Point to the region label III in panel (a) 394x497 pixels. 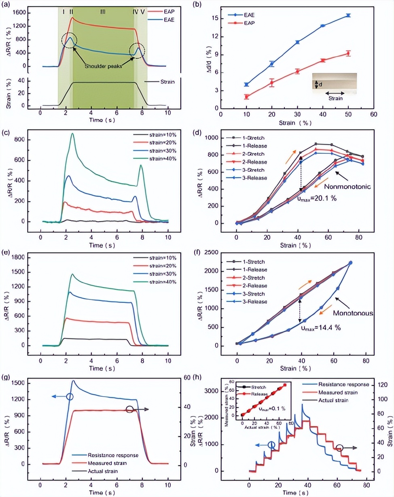(x=103, y=12)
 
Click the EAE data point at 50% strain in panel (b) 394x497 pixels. (x=348, y=15)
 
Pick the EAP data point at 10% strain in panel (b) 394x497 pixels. (x=246, y=97)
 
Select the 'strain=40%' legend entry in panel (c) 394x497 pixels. (x=155, y=158)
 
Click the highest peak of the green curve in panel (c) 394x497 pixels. (x=72, y=134)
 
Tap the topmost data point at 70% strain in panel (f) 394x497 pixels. (x=350, y=263)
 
